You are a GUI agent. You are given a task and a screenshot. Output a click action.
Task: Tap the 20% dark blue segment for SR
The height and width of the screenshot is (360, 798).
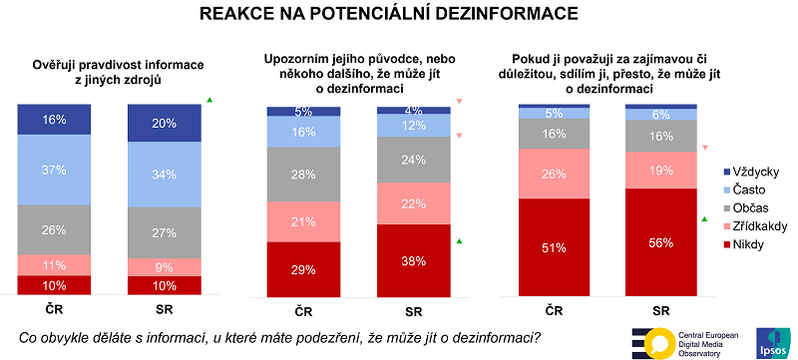pos(165,124)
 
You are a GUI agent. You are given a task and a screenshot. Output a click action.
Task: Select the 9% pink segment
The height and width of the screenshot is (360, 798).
pos(165,266)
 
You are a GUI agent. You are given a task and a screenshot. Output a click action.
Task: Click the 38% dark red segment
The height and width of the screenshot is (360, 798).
pos(413,260)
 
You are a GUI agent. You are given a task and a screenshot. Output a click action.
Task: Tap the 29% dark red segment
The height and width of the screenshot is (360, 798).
pos(302,269)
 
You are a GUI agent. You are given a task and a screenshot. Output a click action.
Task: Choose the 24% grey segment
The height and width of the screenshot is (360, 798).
pos(413,160)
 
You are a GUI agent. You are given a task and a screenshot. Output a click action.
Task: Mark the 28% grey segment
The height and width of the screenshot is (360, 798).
pos(302,175)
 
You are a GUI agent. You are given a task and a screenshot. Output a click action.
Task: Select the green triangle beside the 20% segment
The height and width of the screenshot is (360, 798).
pos(209,100)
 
